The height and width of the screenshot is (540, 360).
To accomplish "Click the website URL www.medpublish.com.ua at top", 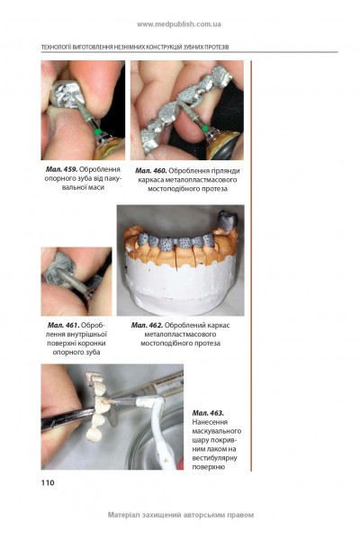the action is coord(179,24).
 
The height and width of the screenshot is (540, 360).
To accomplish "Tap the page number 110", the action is coord(48,482).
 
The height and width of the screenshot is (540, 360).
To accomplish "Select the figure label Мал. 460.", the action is coord(151,171).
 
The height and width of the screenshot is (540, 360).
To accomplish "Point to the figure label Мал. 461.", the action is coord(64,325).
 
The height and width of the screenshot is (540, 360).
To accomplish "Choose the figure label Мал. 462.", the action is coord(147,325).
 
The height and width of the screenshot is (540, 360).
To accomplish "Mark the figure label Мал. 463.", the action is coord(208,413).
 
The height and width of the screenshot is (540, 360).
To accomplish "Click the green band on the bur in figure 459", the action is coord(97,131).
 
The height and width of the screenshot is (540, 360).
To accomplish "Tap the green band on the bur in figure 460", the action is coord(205,129).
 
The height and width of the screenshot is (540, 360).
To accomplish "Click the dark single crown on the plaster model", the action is coord(227,220).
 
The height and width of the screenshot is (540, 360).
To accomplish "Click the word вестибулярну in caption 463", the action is coord(214,458).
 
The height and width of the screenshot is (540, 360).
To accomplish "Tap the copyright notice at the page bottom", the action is coord(181,515).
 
